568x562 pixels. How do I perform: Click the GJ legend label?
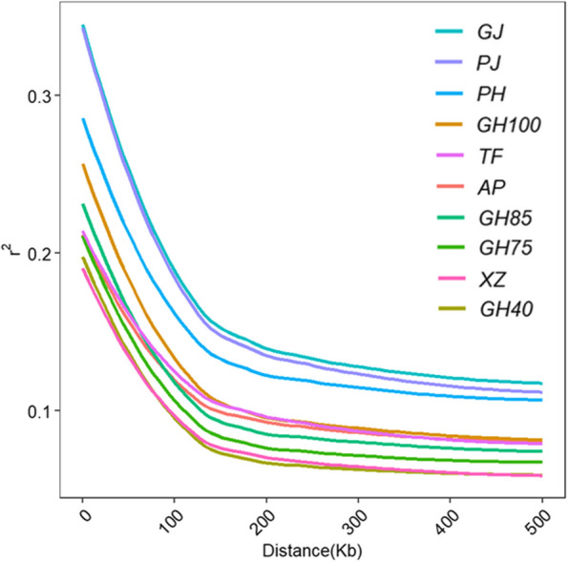coord(491,31)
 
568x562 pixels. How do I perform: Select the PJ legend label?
coord(489,63)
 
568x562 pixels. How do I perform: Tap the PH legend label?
coord(492,94)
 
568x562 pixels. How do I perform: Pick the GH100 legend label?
coord(509,125)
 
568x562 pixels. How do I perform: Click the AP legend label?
coord(492,187)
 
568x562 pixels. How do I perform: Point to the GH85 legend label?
coord(505,218)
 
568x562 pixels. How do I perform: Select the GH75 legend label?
coord(506,248)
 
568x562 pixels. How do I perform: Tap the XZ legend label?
coord(493,280)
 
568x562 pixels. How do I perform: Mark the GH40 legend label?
coord(506,309)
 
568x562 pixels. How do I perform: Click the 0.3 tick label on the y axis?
coord(39,96)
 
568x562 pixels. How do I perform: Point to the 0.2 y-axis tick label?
coord(39,254)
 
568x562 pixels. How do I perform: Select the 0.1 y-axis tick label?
coord(39,411)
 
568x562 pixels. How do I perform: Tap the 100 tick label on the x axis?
coord(171,522)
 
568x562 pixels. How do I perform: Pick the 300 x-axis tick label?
coord(354,522)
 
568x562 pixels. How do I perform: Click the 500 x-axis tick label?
coord(538,522)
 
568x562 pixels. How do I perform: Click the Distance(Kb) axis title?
coord(312,552)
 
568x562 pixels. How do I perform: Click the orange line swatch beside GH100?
coord(450,124)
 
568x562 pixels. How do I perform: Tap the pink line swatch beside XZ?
coord(452,278)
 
